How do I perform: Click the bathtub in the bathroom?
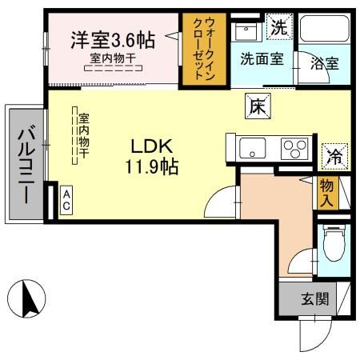pos(325,34)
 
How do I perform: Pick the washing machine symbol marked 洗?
pos(278,26)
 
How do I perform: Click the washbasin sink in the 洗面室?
pos(246,33)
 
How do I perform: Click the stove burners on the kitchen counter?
pos(293,149)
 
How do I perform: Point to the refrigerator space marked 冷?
pos(333,155)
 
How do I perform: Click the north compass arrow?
pos(26,298)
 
